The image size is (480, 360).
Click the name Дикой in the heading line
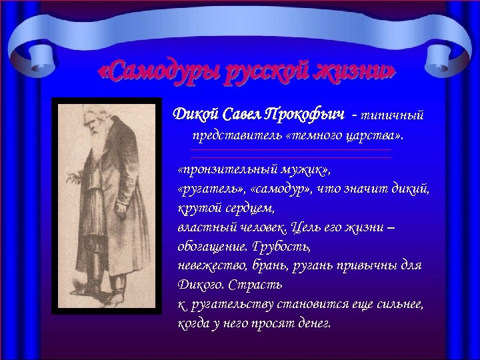click(x=195, y=115)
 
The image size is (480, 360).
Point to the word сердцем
click(x=245, y=209)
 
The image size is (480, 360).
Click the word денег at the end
click(x=312, y=324)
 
